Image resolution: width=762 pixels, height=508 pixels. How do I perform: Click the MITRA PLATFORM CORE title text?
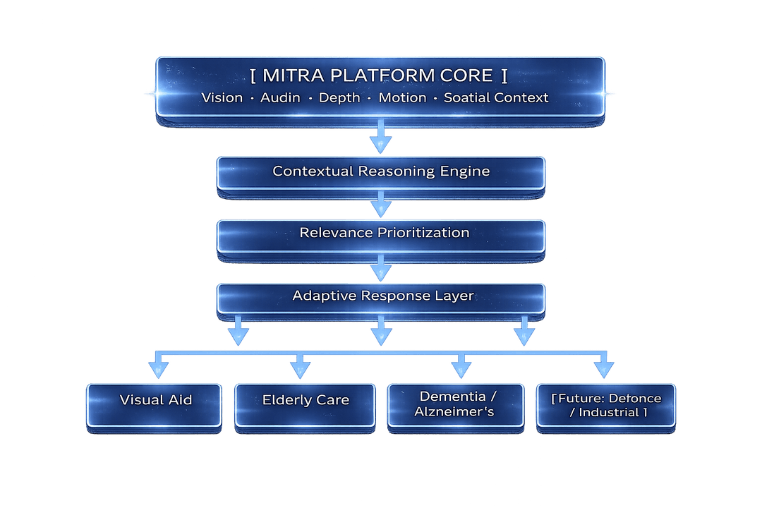pyautogui.click(x=380, y=75)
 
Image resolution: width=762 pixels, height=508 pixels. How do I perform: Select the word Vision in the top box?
pyautogui.click(x=222, y=98)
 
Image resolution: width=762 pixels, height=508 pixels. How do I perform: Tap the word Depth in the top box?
pyautogui.click(x=339, y=98)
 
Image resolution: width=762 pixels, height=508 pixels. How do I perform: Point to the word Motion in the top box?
pyautogui.click(x=402, y=98)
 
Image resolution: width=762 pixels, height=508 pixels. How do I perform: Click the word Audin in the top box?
pyautogui.click(x=280, y=98)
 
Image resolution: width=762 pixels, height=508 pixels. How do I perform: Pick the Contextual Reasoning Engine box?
pyautogui.click(x=380, y=172)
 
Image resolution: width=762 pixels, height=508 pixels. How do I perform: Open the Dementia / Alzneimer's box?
pyautogui.click(x=456, y=404)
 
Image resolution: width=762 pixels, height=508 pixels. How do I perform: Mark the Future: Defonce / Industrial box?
pyautogui.click(x=606, y=404)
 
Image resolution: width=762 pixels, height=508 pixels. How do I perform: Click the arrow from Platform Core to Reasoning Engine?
pyautogui.click(x=380, y=138)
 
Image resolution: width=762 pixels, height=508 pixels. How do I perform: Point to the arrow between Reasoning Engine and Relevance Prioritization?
pyautogui.click(x=380, y=205)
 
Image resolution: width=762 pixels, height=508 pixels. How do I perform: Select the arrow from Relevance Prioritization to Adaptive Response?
pyautogui.click(x=380, y=267)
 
